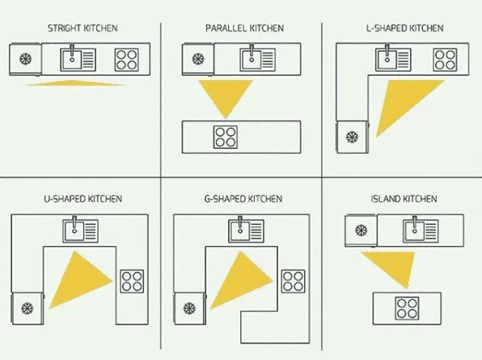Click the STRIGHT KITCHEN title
click(x=82, y=28)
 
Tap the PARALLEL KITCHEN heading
click(x=244, y=28)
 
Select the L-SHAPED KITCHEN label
click(x=405, y=28)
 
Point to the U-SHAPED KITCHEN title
click(x=83, y=199)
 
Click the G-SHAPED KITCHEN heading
click(x=243, y=199)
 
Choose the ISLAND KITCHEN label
click(x=404, y=199)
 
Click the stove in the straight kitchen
click(x=127, y=60)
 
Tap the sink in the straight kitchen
click(x=78, y=59)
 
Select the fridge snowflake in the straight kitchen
click(x=26, y=59)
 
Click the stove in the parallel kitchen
click(x=226, y=137)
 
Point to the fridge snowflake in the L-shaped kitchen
click(x=352, y=137)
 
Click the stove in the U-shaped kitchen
click(x=132, y=281)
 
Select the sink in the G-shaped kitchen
click(x=246, y=230)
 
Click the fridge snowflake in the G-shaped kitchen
click(x=189, y=308)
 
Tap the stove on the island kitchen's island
click(x=408, y=308)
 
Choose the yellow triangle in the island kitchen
click(x=395, y=267)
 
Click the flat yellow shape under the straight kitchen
click(x=76, y=83)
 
